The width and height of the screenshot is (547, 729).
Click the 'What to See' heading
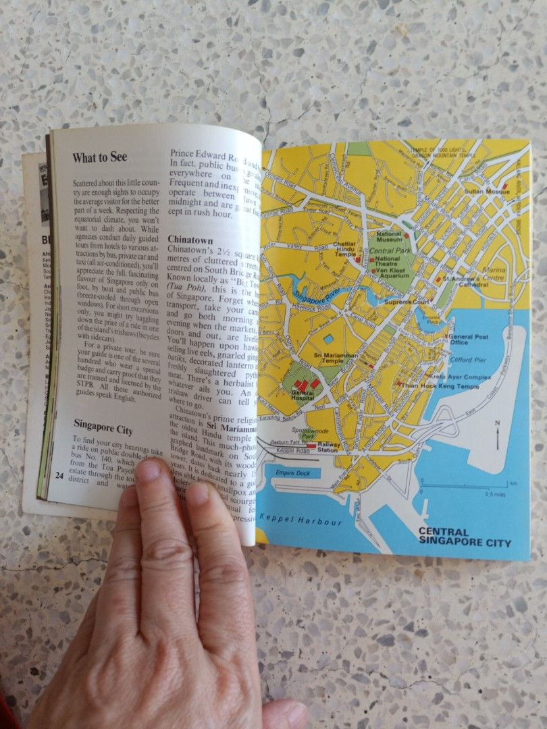[99, 158]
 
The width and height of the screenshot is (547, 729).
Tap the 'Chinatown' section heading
[190, 240]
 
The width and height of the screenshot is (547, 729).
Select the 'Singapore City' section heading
[103, 429]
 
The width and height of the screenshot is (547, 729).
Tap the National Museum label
[389, 236]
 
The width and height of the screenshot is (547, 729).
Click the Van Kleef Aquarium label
[393, 269]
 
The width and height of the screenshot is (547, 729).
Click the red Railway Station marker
[311, 446]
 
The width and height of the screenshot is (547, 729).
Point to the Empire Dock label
[293, 472]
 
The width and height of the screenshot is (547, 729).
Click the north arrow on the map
[496, 435]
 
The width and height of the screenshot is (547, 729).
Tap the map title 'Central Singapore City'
[465, 537]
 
